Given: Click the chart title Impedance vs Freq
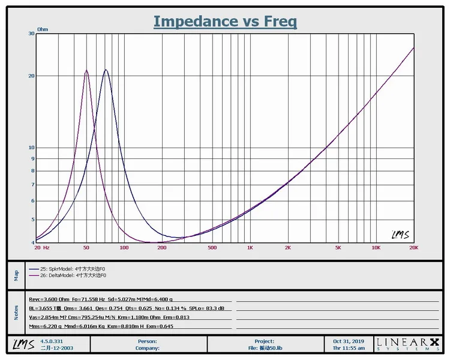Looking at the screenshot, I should (225, 22).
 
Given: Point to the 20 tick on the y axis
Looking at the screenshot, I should (31, 76).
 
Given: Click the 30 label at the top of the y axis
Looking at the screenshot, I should (31, 34).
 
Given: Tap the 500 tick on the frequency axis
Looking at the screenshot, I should (212, 247).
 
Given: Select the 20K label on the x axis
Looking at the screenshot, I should (413, 247).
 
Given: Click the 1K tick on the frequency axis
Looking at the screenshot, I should (250, 247).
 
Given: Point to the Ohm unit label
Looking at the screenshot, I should (43, 29).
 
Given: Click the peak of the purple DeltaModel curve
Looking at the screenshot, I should (86, 70).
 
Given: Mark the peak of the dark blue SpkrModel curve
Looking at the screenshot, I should (106, 70).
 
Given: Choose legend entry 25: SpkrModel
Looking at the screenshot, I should (71, 269).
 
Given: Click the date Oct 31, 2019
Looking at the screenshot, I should (349, 341).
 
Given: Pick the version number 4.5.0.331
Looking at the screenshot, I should (52, 341).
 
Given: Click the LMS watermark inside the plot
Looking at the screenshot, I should (400, 235).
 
